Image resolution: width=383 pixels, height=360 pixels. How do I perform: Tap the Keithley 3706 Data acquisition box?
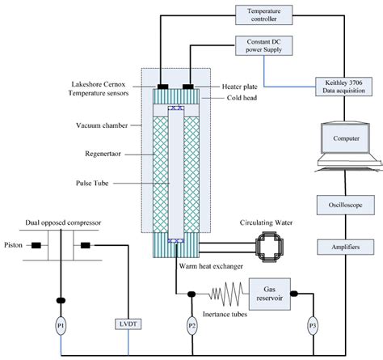tap(343, 87)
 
